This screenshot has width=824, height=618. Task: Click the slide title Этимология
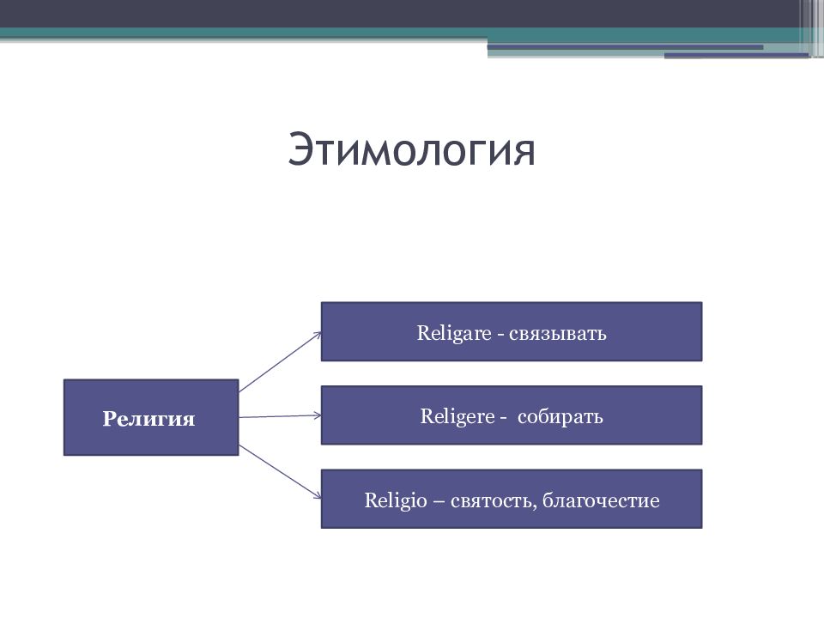[x=411, y=150]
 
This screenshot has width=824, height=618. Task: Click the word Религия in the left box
[x=148, y=419]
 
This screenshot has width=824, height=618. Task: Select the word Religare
[x=454, y=333]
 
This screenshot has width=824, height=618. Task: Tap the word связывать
[x=558, y=334]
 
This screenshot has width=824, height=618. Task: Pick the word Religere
[x=457, y=416]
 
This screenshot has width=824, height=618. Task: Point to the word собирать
[x=560, y=416]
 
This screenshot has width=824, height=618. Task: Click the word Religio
[x=396, y=500]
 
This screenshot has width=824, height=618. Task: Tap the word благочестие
[x=601, y=500]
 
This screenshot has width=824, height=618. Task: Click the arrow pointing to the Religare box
[x=280, y=362]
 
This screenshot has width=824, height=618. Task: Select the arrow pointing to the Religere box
[x=280, y=416]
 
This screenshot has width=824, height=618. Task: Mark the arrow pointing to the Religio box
[x=280, y=471]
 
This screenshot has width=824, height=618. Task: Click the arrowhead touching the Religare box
[x=318, y=335]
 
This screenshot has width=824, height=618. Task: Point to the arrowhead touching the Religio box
[x=318, y=495]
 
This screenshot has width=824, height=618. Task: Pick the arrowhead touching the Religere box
[x=318, y=415]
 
